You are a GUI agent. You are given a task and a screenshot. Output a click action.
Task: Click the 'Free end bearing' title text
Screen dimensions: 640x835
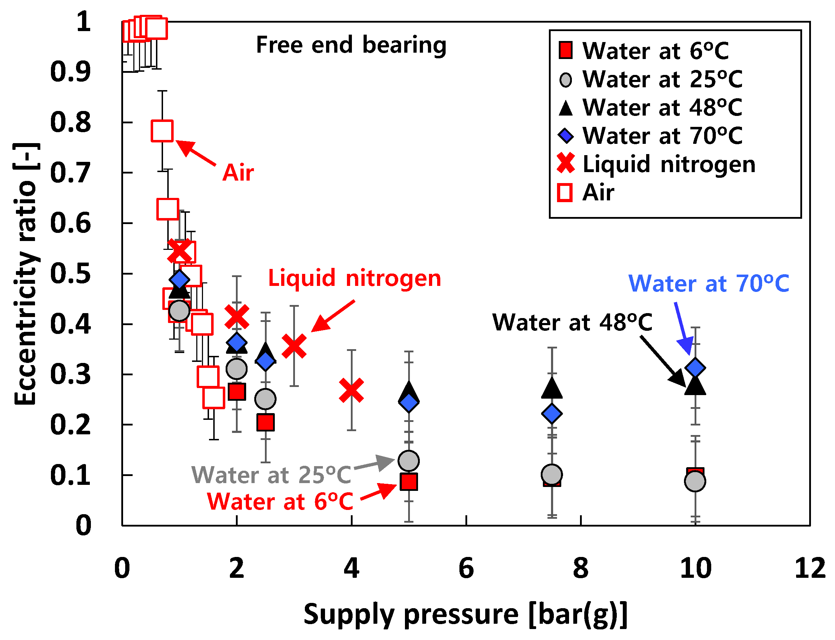click(351, 45)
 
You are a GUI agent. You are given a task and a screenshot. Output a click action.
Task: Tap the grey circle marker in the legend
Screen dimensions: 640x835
click(566, 80)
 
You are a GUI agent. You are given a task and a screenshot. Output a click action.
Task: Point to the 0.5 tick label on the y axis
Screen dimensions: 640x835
click(70, 274)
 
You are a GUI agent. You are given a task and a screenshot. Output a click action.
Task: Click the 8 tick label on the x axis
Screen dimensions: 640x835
click(580, 568)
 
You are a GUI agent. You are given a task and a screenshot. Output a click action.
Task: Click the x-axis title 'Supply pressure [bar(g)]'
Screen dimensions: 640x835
click(465, 615)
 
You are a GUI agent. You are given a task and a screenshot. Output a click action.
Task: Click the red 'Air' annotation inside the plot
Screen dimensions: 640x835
click(238, 172)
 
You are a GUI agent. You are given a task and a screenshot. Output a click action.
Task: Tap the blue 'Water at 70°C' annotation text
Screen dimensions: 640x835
click(708, 283)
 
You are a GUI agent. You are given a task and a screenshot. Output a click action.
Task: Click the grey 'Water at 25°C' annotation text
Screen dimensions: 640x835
click(271, 475)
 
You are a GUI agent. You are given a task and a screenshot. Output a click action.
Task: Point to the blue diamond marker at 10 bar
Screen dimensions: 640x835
click(695, 368)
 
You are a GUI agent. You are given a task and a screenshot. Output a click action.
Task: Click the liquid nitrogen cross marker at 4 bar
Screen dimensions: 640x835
click(351, 391)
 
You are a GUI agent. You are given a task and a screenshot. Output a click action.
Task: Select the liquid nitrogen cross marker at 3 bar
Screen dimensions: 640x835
click(294, 346)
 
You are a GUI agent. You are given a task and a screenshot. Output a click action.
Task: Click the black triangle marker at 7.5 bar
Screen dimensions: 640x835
click(552, 388)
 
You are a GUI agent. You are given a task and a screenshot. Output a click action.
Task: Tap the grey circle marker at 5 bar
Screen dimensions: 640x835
click(409, 461)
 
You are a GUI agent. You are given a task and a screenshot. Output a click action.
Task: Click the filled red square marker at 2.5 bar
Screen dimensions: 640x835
click(265, 422)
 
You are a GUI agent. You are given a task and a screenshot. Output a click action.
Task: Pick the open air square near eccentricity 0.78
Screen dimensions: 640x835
click(162, 131)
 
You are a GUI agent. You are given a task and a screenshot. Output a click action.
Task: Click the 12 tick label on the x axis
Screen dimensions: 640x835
click(810, 568)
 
